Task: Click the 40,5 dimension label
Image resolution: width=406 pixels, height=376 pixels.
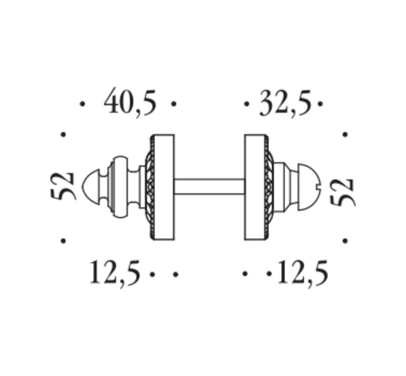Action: pyautogui.click(x=130, y=101)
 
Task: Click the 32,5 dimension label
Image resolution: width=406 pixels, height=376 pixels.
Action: pyautogui.click(x=285, y=103)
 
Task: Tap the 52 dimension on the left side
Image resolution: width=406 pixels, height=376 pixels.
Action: pyautogui.click(x=62, y=186)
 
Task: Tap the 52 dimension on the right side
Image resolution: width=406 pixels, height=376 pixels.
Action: pyautogui.click(x=342, y=192)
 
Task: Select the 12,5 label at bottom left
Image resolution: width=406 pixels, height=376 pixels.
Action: pyautogui.click(x=115, y=272)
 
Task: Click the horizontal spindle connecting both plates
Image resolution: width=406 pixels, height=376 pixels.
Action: pyautogui.click(x=209, y=186)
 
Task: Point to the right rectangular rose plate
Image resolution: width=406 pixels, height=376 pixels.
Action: pyautogui.click(x=255, y=187)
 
